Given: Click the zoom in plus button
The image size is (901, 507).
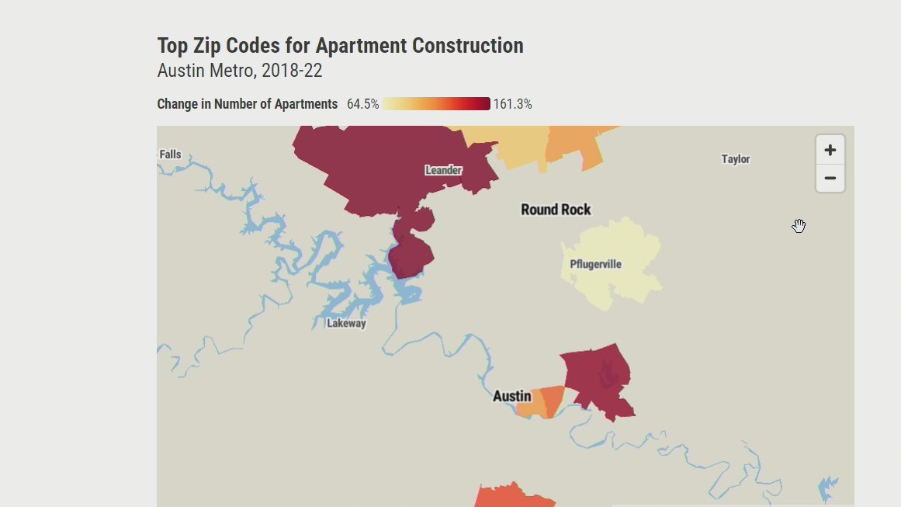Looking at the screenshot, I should pyautogui.click(x=830, y=150).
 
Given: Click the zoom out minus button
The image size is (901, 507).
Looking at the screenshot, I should pyautogui.click(x=830, y=179).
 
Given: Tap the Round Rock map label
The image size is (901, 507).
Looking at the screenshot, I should pyautogui.click(x=556, y=210).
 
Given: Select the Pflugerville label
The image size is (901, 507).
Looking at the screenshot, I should pyautogui.click(x=595, y=264).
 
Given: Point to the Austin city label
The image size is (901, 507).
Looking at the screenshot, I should pyautogui.click(x=512, y=396).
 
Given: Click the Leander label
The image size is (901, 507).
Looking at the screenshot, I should pyautogui.click(x=444, y=170).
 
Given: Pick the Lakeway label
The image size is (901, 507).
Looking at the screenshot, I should pyautogui.click(x=346, y=323).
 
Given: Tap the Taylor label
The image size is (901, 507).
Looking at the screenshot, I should pyautogui.click(x=735, y=159).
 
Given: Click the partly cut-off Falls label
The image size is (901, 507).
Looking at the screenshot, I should pyautogui.click(x=170, y=155).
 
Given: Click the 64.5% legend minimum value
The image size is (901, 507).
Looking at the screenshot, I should pyautogui.click(x=362, y=104).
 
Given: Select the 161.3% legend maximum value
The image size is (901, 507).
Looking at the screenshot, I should pyautogui.click(x=512, y=104).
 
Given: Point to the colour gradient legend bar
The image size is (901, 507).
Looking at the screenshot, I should pyautogui.click(x=436, y=104).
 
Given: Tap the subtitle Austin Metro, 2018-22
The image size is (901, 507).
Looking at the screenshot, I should pyautogui.click(x=239, y=71).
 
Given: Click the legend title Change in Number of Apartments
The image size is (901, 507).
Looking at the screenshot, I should pyautogui.click(x=247, y=104).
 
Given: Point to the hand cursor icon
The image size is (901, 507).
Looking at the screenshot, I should pyautogui.click(x=799, y=226).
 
